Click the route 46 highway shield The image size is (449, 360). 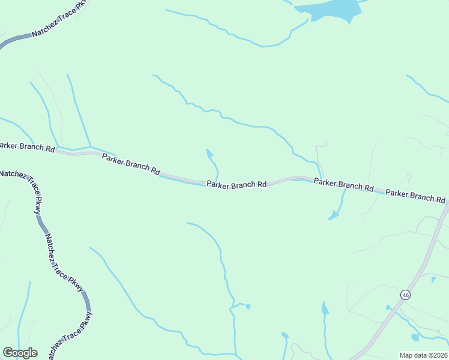click(x=406, y=295)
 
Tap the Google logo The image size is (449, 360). click(x=20, y=353)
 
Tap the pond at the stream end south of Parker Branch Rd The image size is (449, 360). click(x=333, y=217)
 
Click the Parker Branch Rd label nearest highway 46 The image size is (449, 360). click(x=416, y=196)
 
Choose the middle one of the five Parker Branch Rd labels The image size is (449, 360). click(x=237, y=184)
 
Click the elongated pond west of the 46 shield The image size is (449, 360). click(x=325, y=309)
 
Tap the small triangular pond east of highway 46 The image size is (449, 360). click(x=433, y=279)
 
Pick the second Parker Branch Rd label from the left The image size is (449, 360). click(x=130, y=164)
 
